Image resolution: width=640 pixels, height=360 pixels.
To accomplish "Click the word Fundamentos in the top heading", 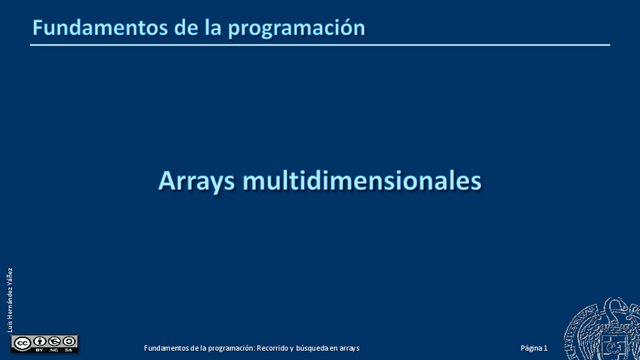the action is (100, 28).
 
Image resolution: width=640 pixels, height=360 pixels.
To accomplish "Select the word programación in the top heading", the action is (297, 29).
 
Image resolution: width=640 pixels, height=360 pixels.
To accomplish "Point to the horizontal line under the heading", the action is (320, 45).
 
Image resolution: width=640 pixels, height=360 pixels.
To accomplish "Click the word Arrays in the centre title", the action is (197, 181).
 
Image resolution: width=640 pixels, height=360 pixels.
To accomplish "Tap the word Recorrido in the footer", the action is (272, 348).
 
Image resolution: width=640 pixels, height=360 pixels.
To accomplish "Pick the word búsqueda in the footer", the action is (312, 349).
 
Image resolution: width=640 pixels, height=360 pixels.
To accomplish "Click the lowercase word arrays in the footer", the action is (349, 349).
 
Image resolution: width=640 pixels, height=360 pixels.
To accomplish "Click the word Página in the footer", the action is (531, 349).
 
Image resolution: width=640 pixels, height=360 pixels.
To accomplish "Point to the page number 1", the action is (546, 348).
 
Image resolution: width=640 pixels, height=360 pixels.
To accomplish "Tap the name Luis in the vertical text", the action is (10, 328).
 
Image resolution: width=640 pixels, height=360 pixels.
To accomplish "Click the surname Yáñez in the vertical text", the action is (10, 278).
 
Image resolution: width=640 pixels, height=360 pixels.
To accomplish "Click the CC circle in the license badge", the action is (22, 343).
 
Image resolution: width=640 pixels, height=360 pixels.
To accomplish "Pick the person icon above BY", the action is (39, 342).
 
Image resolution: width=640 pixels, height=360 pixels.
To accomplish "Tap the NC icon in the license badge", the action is (54, 342).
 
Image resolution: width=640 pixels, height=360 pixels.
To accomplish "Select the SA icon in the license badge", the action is (69, 342).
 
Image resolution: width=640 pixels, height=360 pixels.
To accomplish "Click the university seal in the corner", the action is (602, 329).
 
